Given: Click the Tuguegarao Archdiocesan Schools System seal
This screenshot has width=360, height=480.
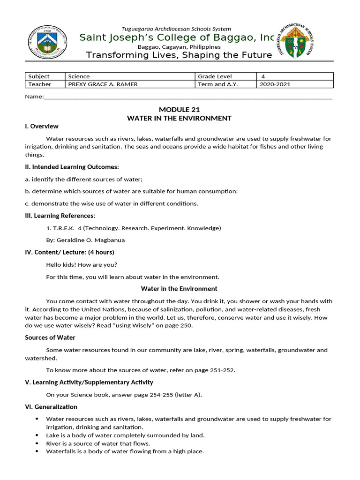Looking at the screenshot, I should tap(297, 41).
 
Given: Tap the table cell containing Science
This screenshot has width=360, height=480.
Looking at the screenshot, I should tap(130, 76).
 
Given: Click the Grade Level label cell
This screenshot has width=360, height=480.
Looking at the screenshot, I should tap(215, 76).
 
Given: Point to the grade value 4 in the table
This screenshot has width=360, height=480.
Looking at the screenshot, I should tap(263, 76).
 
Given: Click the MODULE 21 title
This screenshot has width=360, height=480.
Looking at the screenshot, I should tap(179, 109).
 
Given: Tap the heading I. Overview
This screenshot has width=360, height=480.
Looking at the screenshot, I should tap(42, 126).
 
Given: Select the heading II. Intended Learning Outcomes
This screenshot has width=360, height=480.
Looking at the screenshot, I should tap(72, 167).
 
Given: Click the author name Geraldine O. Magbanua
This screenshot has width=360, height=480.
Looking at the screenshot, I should tap(85, 240).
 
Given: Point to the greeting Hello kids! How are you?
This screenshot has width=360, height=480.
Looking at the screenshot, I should tap(82, 264).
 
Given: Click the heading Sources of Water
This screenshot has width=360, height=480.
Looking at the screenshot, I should tap(50, 337).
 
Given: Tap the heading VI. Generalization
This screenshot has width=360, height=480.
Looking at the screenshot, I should tap(51, 407).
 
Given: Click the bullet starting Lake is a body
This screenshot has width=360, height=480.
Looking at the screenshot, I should tap(125, 435).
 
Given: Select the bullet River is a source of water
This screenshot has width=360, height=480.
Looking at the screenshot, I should tap(98, 443).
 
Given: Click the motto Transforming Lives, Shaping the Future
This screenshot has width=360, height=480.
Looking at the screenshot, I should tap(179, 55).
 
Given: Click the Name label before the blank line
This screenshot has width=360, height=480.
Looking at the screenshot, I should tap(34, 97).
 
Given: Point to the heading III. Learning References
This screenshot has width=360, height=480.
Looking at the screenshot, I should tap(60, 216).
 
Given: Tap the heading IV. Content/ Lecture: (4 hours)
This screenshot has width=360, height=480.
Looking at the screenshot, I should tap(69, 252).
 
